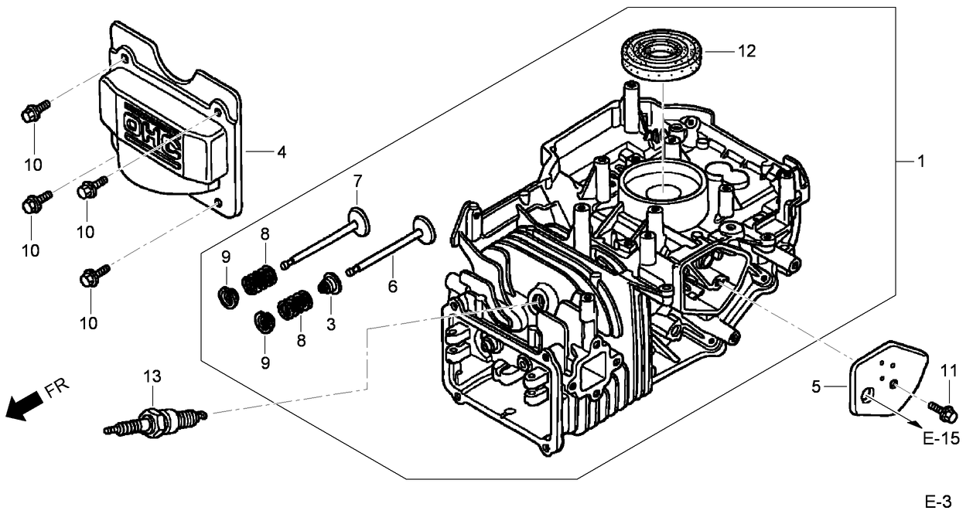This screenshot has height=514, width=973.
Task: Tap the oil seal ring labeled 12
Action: [x=662, y=55]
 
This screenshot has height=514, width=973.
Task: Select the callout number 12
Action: [x=746, y=52]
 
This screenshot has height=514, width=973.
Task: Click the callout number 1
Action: [x=920, y=162]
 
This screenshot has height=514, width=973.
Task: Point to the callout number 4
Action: [x=282, y=152]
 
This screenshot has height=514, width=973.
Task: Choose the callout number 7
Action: [x=357, y=182]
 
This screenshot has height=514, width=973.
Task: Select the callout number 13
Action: [x=152, y=376]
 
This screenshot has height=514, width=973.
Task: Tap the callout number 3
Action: [x=331, y=325]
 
